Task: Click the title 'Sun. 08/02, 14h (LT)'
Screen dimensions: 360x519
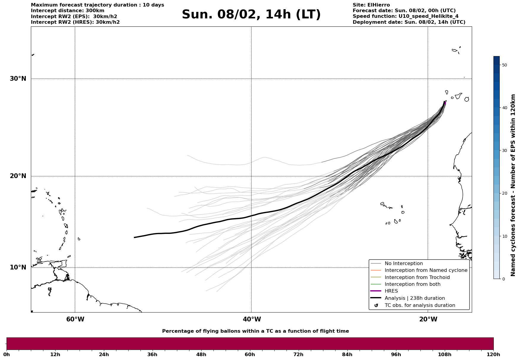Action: pyautogui.click(x=251, y=15)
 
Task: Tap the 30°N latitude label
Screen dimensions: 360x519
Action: pyautogui.click(x=18, y=79)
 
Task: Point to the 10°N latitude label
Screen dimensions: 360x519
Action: pyautogui.click(x=18, y=267)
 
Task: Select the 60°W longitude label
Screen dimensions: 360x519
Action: pyautogui.click(x=75, y=319)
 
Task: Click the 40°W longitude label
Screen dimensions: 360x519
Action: pyautogui.click(x=252, y=319)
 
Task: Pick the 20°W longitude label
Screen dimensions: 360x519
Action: pyautogui.click(x=428, y=319)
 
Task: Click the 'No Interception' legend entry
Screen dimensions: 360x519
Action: pyautogui.click(x=404, y=264)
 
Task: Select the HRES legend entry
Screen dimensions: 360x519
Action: pyautogui.click(x=391, y=291)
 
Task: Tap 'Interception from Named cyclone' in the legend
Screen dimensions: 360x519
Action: pyautogui.click(x=426, y=270)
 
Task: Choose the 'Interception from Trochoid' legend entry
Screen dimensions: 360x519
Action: pyautogui.click(x=417, y=277)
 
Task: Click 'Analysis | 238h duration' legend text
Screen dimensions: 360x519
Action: pyautogui.click(x=414, y=298)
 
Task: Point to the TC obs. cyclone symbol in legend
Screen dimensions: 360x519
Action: pyautogui.click(x=376, y=305)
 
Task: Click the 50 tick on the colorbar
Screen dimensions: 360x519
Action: pyautogui.click(x=504, y=65)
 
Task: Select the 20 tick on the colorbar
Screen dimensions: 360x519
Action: pyautogui.click(x=504, y=194)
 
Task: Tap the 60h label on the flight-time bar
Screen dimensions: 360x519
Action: pyautogui.click(x=250, y=355)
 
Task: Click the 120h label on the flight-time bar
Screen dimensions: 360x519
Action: pyautogui.click(x=493, y=355)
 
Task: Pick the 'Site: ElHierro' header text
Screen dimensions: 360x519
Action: pyautogui.click(x=371, y=5)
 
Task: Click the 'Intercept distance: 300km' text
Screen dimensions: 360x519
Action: pyautogui.click(x=68, y=11)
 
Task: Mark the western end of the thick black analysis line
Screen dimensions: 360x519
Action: pyautogui.click(x=135, y=237)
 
